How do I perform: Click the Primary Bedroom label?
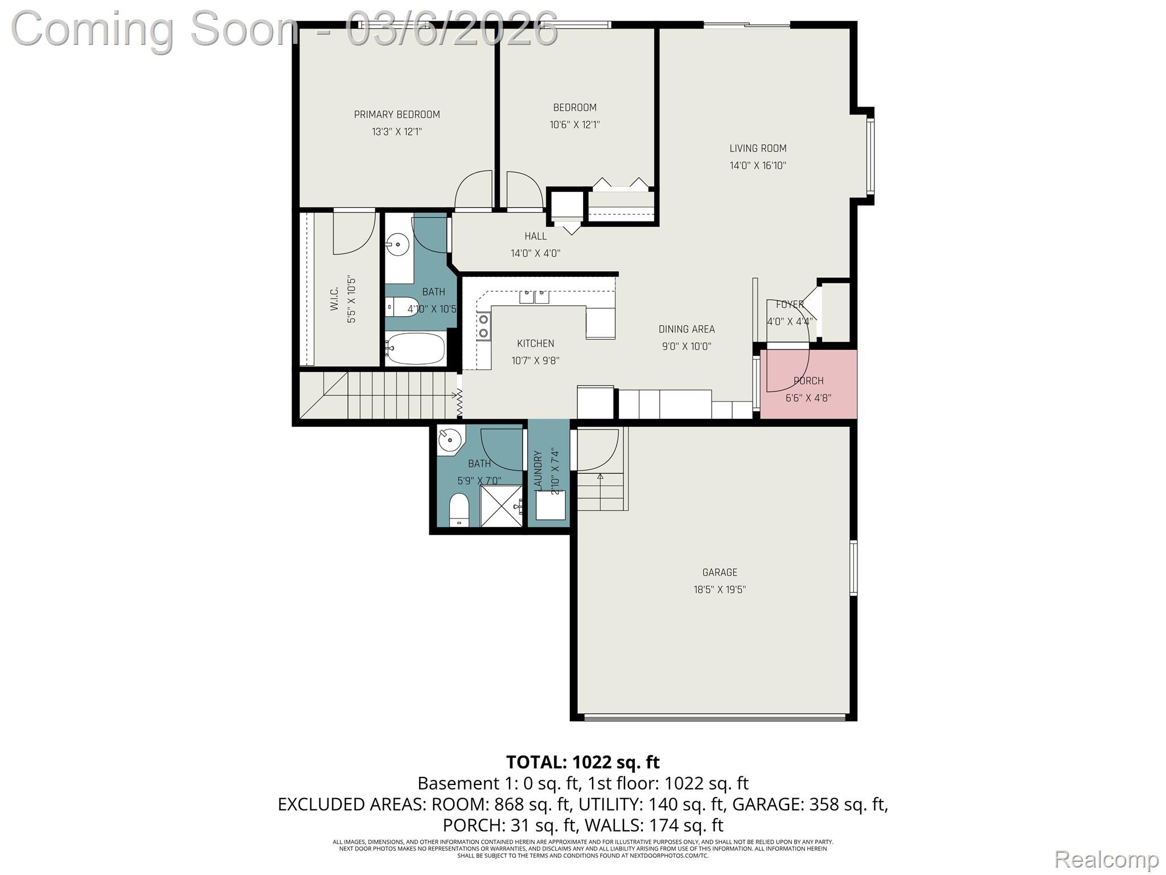point(397,115)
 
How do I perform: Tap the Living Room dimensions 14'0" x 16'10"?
point(758,166)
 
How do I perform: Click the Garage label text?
point(720,573)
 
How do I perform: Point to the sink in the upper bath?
point(397,246)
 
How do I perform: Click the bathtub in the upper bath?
point(416,348)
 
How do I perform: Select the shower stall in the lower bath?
point(502,506)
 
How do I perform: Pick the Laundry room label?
point(538,469)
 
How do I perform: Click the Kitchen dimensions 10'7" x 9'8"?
point(535,361)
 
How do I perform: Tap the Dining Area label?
point(687,329)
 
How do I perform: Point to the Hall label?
point(535,236)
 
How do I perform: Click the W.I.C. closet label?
point(334,299)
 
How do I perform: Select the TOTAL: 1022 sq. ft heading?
point(583,762)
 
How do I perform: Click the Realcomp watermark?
point(1106,859)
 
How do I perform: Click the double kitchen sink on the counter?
point(534,296)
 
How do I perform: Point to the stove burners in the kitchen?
point(484,326)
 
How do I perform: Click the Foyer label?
point(790,305)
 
